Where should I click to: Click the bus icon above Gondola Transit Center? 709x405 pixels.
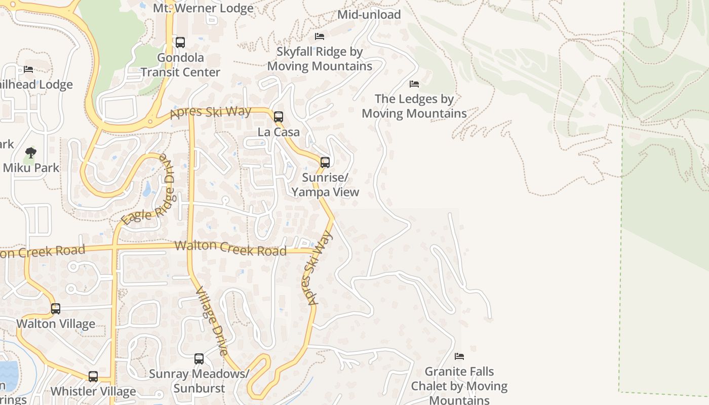[x=180, y=43]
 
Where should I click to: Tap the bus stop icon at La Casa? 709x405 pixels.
[x=278, y=117]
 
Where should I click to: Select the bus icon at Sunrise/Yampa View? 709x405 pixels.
[x=325, y=163]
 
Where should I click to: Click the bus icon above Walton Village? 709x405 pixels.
[x=56, y=308]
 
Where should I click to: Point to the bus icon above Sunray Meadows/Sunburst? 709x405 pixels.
[x=199, y=359]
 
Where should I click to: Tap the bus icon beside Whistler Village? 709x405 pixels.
[x=93, y=377]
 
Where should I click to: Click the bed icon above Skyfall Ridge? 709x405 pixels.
[x=320, y=36]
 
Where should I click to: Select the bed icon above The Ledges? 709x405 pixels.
[x=414, y=84]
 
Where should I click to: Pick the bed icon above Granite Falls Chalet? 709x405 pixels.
[x=459, y=356]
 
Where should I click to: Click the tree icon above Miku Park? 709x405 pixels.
[x=31, y=152]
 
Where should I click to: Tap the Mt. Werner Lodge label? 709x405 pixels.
[x=203, y=8]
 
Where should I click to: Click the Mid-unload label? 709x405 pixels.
[x=369, y=14]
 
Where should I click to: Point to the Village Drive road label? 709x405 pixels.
[x=211, y=320]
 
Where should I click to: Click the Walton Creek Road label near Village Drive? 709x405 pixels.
[x=230, y=248]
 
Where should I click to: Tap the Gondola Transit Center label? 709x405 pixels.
[x=180, y=65]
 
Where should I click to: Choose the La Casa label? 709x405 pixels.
[x=279, y=132]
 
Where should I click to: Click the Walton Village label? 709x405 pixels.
[x=56, y=324]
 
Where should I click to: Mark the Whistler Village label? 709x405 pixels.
[x=93, y=391]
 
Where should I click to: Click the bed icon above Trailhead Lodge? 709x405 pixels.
[x=28, y=69]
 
